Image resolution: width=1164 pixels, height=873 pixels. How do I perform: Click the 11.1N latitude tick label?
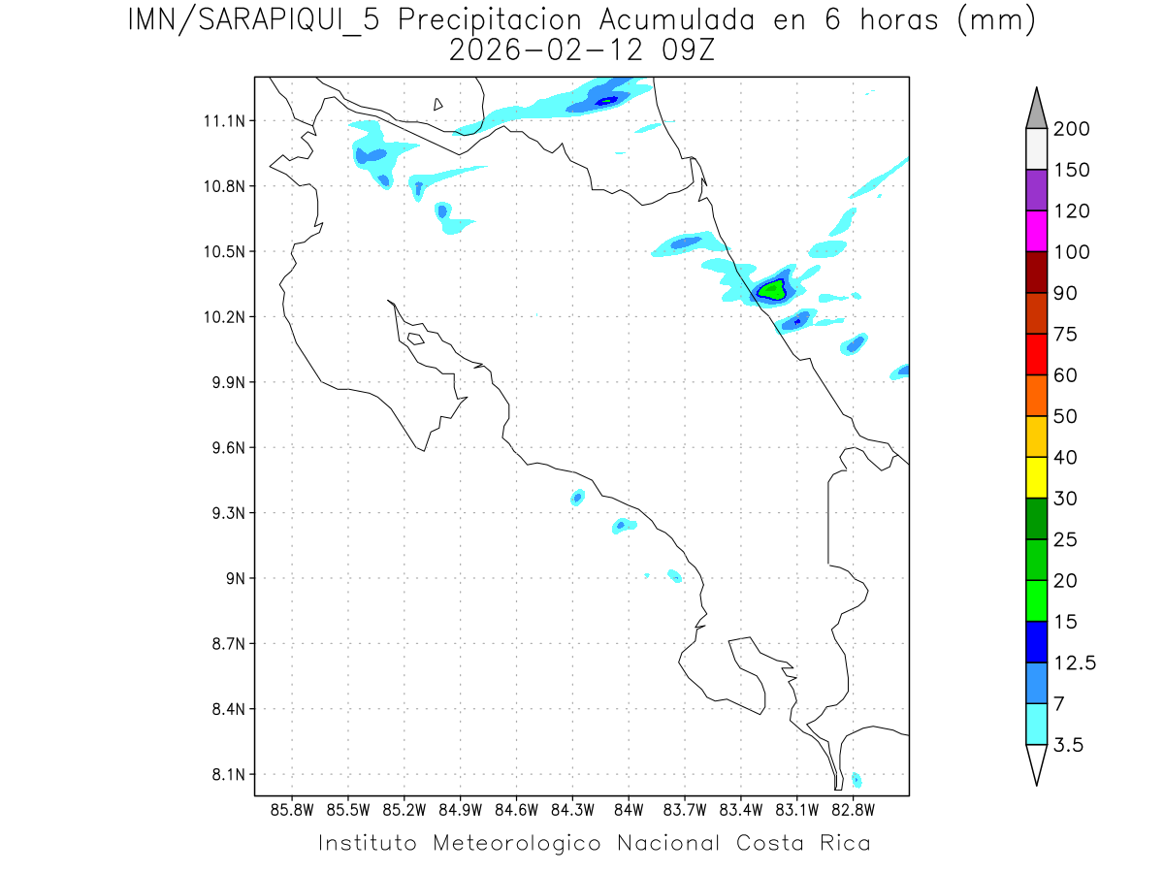pos(222,121)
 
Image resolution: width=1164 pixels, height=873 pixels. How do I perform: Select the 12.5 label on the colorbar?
pos(1074,663)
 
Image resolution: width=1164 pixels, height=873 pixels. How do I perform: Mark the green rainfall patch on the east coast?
pos(772,289)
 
